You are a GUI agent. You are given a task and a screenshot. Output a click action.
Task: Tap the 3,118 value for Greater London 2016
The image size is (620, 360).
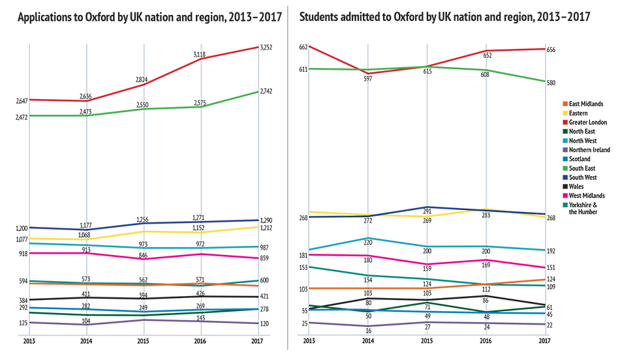coord(200,55)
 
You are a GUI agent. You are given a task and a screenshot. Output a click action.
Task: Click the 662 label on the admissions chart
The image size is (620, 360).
coord(303,47)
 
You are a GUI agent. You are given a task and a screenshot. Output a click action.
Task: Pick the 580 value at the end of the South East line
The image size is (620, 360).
coord(551,83)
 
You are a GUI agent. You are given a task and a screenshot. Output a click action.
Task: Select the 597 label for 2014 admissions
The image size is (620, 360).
coord(368,79)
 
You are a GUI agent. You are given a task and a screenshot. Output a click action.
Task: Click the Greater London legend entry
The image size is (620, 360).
coord(588,122)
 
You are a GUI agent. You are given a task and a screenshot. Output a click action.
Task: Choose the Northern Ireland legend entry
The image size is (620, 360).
coord(589,149)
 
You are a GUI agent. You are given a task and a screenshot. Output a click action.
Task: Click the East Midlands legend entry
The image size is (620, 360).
coord(586,104)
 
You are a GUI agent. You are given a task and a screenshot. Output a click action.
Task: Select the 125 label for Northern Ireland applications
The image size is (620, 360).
coord(22,323)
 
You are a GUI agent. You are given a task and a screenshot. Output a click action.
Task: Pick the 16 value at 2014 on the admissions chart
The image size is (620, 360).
coord(368,331)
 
